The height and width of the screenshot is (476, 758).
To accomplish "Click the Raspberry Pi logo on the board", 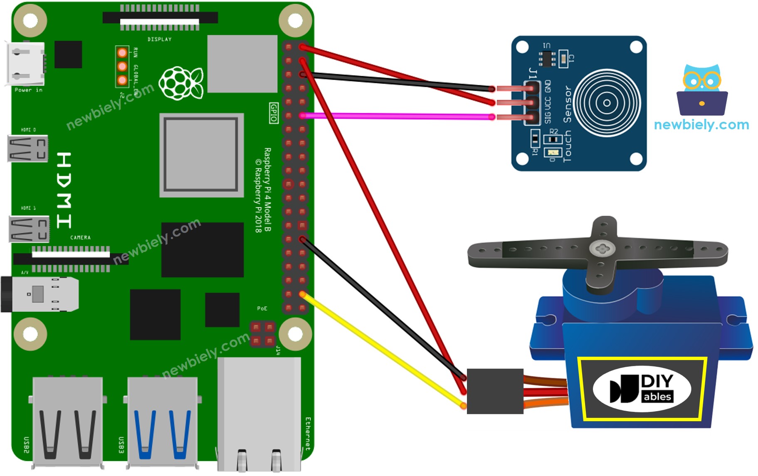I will pyautogui.click(x=182, y=83).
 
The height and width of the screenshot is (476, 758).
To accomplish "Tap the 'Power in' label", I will pyautogui.click(x=28, y=90).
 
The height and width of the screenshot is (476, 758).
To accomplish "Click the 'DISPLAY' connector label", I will pyautogui.click(x=159, y=39).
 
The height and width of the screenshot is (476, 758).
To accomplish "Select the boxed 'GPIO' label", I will pyautogui.click(x=273, y=113).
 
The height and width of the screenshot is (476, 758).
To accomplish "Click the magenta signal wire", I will pyautogui.click(x=395, y=116).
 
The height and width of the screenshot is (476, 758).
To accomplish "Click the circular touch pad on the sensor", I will pyautogui.click(x=607, y=103).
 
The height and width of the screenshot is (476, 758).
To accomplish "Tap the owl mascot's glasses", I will pyautogui.click(x=701, y=80).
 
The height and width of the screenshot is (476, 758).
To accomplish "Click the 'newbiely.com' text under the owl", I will pyautogui.click(x=701, y=124).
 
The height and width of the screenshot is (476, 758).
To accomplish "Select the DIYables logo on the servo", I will pyautogui.click(x=642, y=389).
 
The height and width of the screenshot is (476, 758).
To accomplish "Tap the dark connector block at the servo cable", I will pyautogui.click(x=495, y=391).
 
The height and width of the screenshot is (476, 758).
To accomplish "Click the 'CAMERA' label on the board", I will pyautogui.click(x=80, y=238).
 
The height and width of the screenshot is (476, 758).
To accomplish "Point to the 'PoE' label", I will pyautogui.click(x=262, y=308).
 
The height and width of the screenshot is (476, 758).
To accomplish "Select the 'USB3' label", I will pyautogui.click(x=121, y=444).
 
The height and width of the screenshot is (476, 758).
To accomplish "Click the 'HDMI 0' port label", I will pyautogui.click(x=28, y=130).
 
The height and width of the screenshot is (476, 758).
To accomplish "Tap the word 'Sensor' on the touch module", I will pyautogui.click(x=567, y=104).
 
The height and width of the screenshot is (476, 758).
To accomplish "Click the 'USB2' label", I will pyautogui.click(x=26, y=444).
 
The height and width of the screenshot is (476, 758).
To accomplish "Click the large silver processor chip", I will pyautogui.click(x=201, y=155).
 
